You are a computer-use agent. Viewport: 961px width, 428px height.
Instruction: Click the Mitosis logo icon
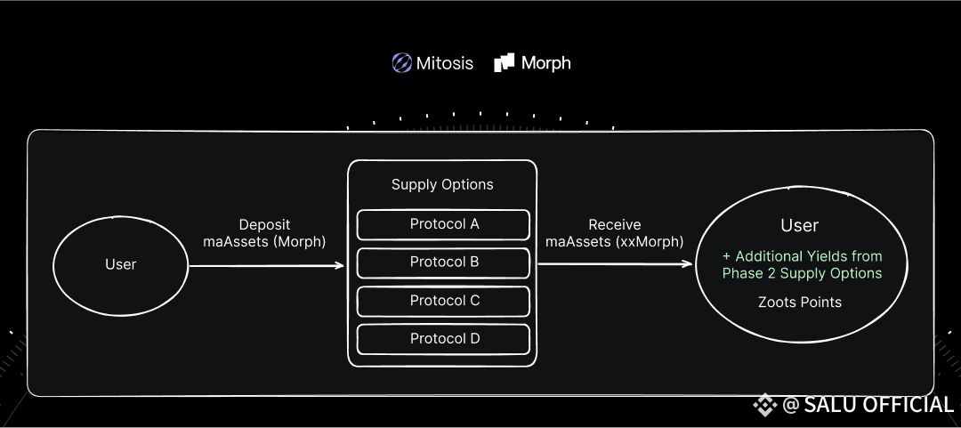tap(402, 63)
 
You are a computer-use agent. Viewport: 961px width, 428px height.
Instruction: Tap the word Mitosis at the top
tap(444, 63)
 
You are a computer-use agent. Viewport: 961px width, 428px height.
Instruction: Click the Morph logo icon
tap(504, 62)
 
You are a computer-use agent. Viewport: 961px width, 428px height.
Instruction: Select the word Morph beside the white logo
tap(546, 63)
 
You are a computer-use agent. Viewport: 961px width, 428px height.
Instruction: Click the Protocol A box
tap(443, 224)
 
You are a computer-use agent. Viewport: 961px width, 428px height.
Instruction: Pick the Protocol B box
tap(443, 262)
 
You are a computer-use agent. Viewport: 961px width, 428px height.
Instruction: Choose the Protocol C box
tap(443, 301)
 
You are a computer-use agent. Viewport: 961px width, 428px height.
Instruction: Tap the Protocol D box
tap(443, 339)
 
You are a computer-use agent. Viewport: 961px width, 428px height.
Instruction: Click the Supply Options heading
tap(442, 184)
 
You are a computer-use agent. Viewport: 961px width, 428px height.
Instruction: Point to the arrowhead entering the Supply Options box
tap(339, 265)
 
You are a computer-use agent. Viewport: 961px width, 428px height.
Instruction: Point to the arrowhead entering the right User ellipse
tap(687, 264)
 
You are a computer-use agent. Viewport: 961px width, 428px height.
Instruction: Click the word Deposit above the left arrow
tap(265, 225)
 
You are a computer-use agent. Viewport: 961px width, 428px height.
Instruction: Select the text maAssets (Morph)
tap(265, 242)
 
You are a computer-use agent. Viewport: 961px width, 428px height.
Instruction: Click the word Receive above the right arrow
tap(615, 225)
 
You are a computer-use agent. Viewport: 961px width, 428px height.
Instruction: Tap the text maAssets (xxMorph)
tap(615, 242)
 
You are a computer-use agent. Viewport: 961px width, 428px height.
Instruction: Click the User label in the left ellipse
tap(121, 264)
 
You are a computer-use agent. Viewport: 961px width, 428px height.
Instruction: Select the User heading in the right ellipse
tap(800, 226)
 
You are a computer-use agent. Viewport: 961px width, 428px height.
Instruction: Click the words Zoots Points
tap(800, 303)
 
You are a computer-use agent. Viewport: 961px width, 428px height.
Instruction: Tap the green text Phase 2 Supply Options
tap(802, 273)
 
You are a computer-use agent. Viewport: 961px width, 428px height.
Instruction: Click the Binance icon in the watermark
tap(765, 405)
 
